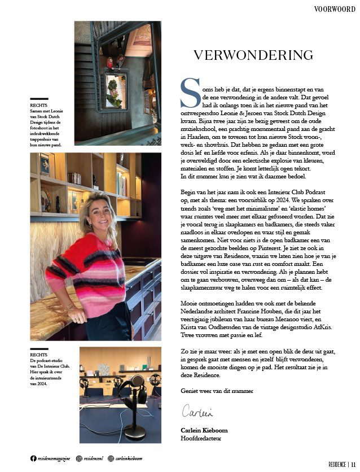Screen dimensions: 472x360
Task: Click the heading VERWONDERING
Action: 253,55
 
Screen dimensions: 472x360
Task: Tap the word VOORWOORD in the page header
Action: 335,8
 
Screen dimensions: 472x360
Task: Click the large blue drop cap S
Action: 189,92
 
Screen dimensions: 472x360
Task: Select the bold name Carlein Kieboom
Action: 204,430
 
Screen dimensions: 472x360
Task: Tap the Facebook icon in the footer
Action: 34,458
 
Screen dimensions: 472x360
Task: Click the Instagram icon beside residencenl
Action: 79,458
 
